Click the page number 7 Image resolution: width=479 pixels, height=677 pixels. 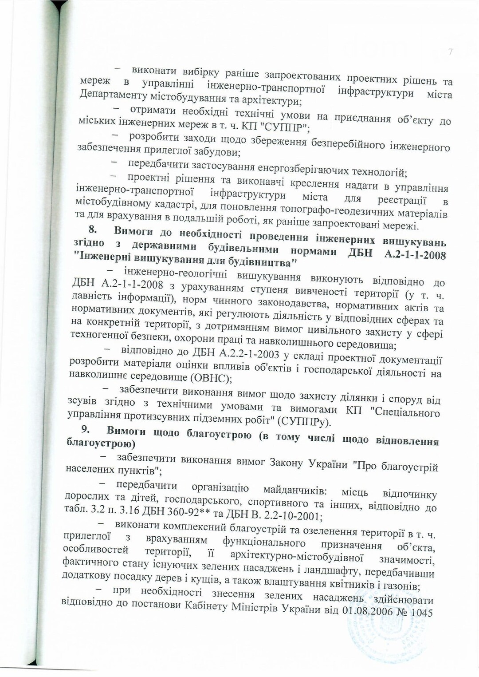451,52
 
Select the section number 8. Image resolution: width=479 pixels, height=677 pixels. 92,229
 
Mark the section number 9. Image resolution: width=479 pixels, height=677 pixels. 86,429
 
